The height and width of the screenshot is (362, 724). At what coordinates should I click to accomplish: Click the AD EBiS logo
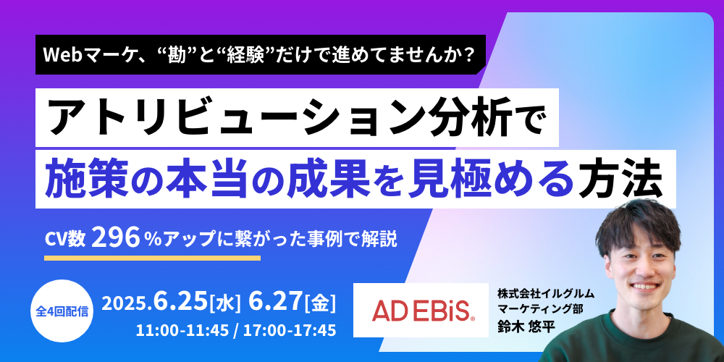(x=421, y=311)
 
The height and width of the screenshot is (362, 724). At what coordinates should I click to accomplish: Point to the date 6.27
(x=276, y=303)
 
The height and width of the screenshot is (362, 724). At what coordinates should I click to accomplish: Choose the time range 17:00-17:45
(x=290, y=332)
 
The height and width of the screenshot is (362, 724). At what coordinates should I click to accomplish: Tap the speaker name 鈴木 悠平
(x=526, y=326)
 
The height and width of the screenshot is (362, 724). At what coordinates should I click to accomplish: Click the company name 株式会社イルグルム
(x=546, y=292)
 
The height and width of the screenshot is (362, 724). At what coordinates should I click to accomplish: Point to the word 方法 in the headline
(x=631, y=178)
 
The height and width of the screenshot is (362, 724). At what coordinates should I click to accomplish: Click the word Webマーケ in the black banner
(x=78, y=55)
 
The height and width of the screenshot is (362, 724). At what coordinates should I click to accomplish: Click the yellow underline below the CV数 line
(x=152, y=258)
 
